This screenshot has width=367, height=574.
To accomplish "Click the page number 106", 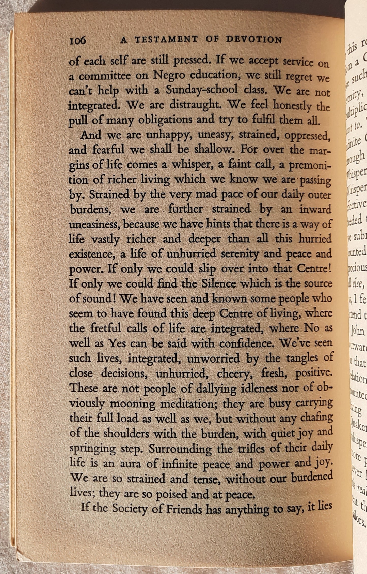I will [x=77, y=41].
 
